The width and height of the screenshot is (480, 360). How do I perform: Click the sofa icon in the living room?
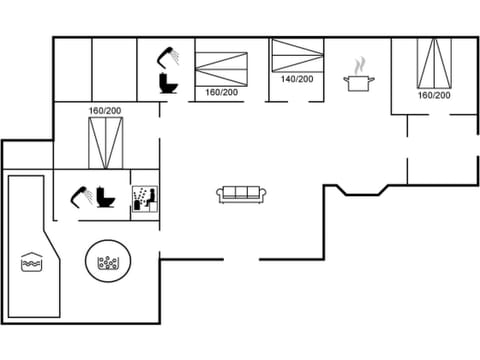[240, 194]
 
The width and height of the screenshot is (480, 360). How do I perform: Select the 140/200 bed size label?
[297, 79]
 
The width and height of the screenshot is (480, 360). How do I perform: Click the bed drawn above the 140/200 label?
[298, 55]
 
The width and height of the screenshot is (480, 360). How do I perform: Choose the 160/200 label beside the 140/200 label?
[221, 92]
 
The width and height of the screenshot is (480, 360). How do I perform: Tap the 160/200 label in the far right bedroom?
[434, 96]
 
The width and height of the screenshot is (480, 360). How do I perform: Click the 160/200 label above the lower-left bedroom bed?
[104, 110]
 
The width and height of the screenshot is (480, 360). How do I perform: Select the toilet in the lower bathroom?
[107, 197]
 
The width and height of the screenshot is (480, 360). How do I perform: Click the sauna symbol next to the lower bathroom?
[145, 195]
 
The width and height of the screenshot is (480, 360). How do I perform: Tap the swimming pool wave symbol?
[31, 263]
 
